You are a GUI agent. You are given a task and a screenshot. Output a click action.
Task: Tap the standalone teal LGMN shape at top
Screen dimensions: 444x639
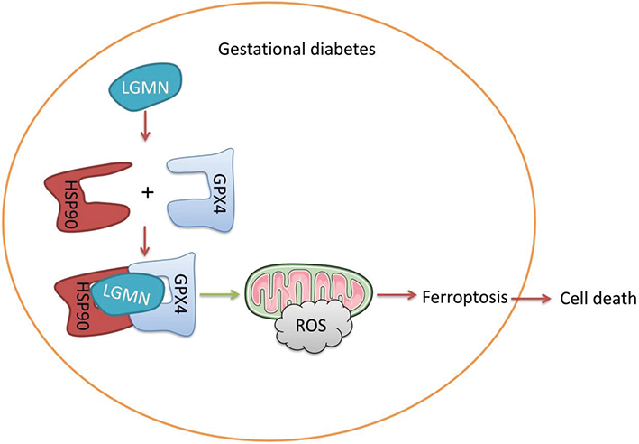[x=146, y=87]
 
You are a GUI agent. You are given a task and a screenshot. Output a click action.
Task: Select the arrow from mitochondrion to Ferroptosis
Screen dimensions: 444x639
[x=392, y=295]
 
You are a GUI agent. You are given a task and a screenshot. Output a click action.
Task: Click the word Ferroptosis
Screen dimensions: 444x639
[x=461, y=296]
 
